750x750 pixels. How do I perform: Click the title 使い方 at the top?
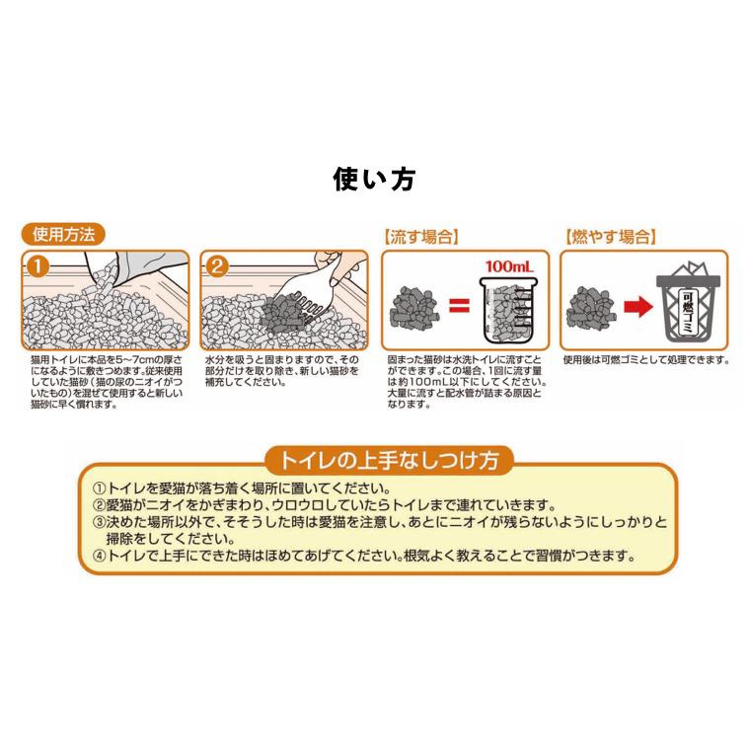point(374,180)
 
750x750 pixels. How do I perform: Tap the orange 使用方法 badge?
point(63,236)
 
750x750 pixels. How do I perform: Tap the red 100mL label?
point(508,266)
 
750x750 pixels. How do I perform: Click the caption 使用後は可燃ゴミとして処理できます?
point(646,360)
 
